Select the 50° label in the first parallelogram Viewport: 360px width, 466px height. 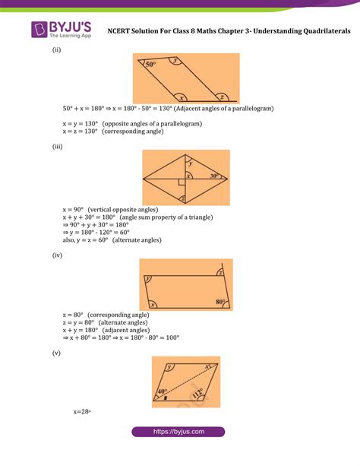pos(150,65)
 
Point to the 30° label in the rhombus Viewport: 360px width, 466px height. pos(216,176)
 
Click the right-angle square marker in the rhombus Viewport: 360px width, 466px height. pos(183,182)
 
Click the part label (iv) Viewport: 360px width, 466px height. pos(57,255)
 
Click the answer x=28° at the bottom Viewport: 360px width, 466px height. pos(82,411)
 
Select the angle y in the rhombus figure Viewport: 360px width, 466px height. pos(191,163)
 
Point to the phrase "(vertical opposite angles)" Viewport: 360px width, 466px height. pos(122,208)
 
